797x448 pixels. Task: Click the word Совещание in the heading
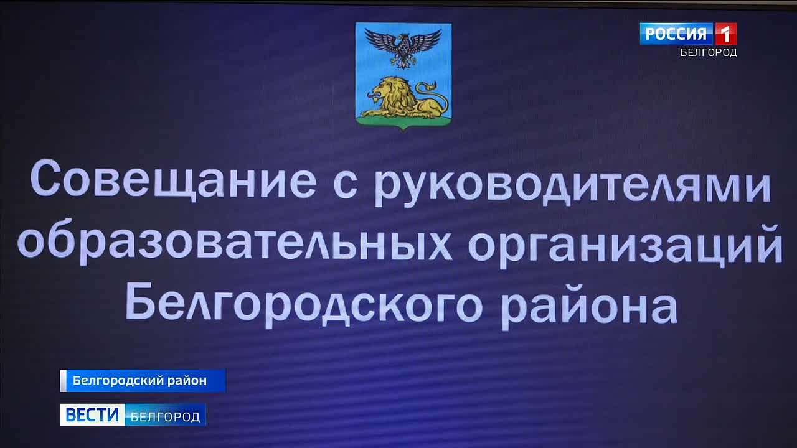pyautogui.click(x=173, y=179)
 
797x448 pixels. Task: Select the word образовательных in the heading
pyautogui.click(x=235, y=242)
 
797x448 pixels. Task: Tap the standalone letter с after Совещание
pyautogui.click(x=345, y=185)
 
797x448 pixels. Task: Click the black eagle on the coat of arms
pyautogui.click(x=403, y=47)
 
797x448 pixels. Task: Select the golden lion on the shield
pyautogui.click(x=404, y=98)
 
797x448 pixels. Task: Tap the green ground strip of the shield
pyautogui.click(x=403, y=122)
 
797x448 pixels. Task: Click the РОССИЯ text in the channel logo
pyautogui.click(x=676, y=34)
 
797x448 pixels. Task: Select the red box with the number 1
pyautogui.click(x=725, y=34)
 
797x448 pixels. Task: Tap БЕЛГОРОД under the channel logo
pyautogui.click(x=709, y=53)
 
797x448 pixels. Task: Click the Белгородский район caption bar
pyautogui.click(x=143, y=381)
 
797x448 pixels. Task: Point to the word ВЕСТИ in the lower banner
pyautogui.click(x=92, y=414)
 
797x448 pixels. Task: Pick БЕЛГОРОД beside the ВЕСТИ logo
pyautogui.click(x=165, y=417)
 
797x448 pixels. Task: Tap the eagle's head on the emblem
pyautogui.click(x=403, y=37)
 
